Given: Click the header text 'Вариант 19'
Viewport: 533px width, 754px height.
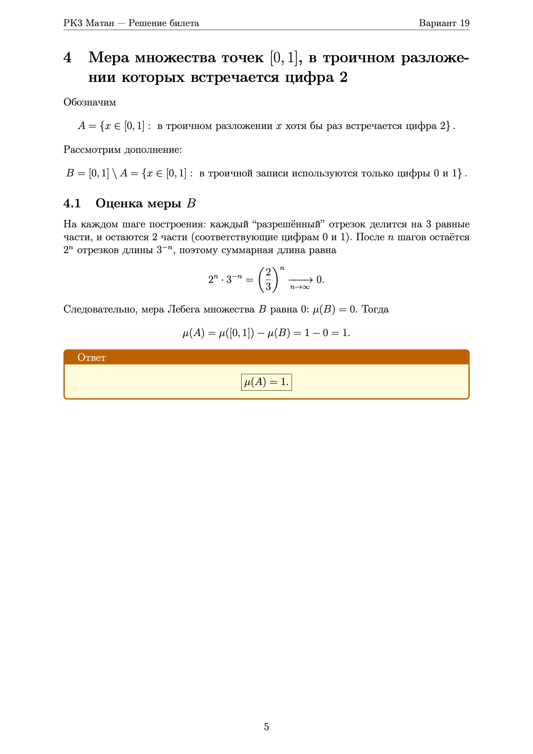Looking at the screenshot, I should [444, 23].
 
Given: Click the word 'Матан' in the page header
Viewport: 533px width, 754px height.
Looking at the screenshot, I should [100, 23].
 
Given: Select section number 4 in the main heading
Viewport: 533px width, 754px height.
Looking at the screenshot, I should [67, 57].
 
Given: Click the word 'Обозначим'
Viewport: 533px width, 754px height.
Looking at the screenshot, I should [90, 102].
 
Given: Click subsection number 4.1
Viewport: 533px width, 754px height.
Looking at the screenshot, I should [72, 203].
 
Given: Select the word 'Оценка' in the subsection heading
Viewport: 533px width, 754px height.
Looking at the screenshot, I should [119, 203].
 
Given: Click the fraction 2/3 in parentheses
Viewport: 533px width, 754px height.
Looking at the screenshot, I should [268, 279].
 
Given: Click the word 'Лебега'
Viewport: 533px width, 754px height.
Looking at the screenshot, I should [183, 309].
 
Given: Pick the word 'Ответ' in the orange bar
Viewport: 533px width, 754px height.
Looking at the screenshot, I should [91, 357].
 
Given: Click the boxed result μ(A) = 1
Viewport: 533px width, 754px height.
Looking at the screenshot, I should [266, 382].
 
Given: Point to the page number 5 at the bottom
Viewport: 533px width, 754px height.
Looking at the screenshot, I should [266, 727].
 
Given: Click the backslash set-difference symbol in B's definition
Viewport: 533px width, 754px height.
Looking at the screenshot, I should [114, 173].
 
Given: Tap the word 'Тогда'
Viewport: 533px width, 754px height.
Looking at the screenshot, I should [375, 309].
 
